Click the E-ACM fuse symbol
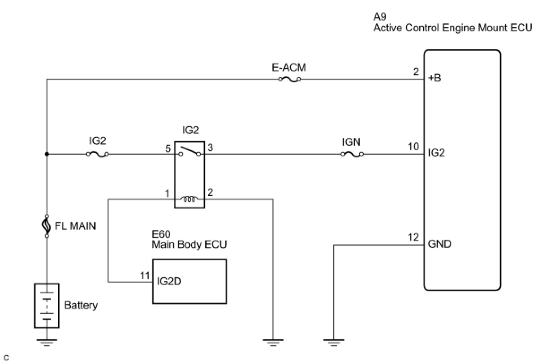tap(290, 79)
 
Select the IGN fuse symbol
tap(352, 154)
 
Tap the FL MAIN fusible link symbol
tap(47, 226)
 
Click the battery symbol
tap(47, 306)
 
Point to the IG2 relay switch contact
tap(189, 151)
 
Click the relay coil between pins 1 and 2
tap(189, 199)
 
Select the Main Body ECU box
tap(189, 282)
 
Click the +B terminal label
tap(434, 78)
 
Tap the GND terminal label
tap(439, 244)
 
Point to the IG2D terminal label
tap(169, 281)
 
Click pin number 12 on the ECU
tap(413, 237)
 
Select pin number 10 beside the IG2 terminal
tap(413, 147)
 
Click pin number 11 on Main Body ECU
tap(145, 275)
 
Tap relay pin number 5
tap(168, 148)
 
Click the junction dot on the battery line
tap(47, 154)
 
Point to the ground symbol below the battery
tap(47, 343)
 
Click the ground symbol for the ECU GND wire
tap(334, 343)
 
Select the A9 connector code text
tap(380, 17)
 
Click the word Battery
tap(81, 305)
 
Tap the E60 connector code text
tap(161, 234)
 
